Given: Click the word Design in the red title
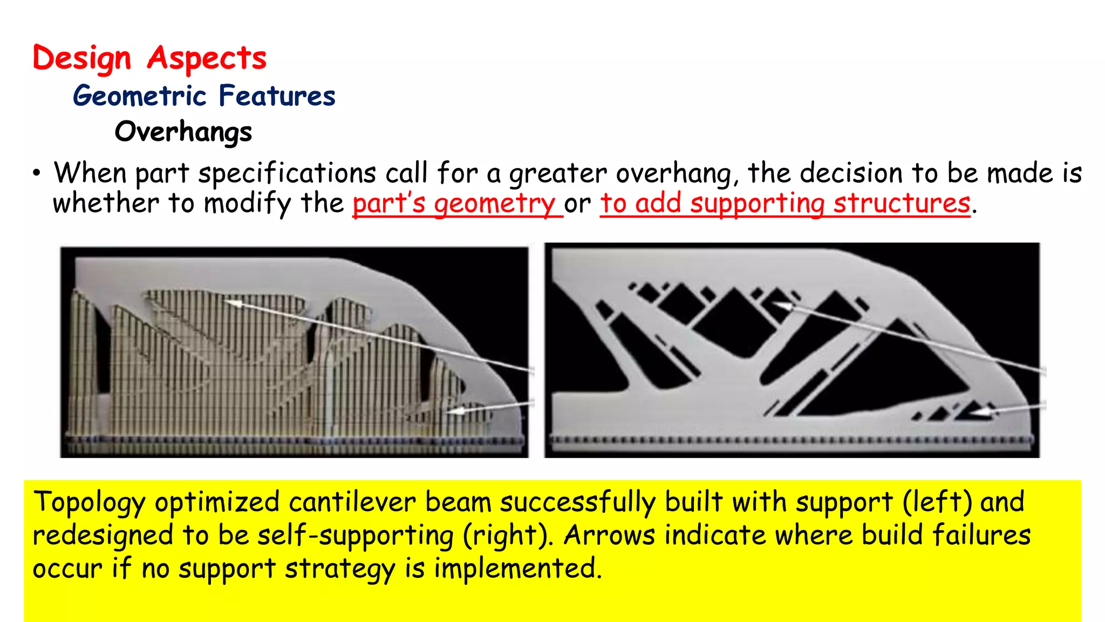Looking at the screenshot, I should point(81,58).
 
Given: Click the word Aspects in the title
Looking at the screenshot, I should point(207,58).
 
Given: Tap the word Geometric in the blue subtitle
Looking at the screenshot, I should point(140,96).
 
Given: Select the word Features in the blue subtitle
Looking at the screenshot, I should point(277,96).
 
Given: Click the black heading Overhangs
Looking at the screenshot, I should point(183,132).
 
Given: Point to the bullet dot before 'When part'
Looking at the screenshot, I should point(36,174).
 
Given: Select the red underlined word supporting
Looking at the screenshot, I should point(757,204).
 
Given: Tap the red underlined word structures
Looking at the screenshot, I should point(902,204).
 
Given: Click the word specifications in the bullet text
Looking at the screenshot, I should point(287,174).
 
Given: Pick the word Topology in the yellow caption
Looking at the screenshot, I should point(89,503).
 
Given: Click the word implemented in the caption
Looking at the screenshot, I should point(517,569).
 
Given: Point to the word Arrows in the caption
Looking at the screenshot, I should point(609,536).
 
